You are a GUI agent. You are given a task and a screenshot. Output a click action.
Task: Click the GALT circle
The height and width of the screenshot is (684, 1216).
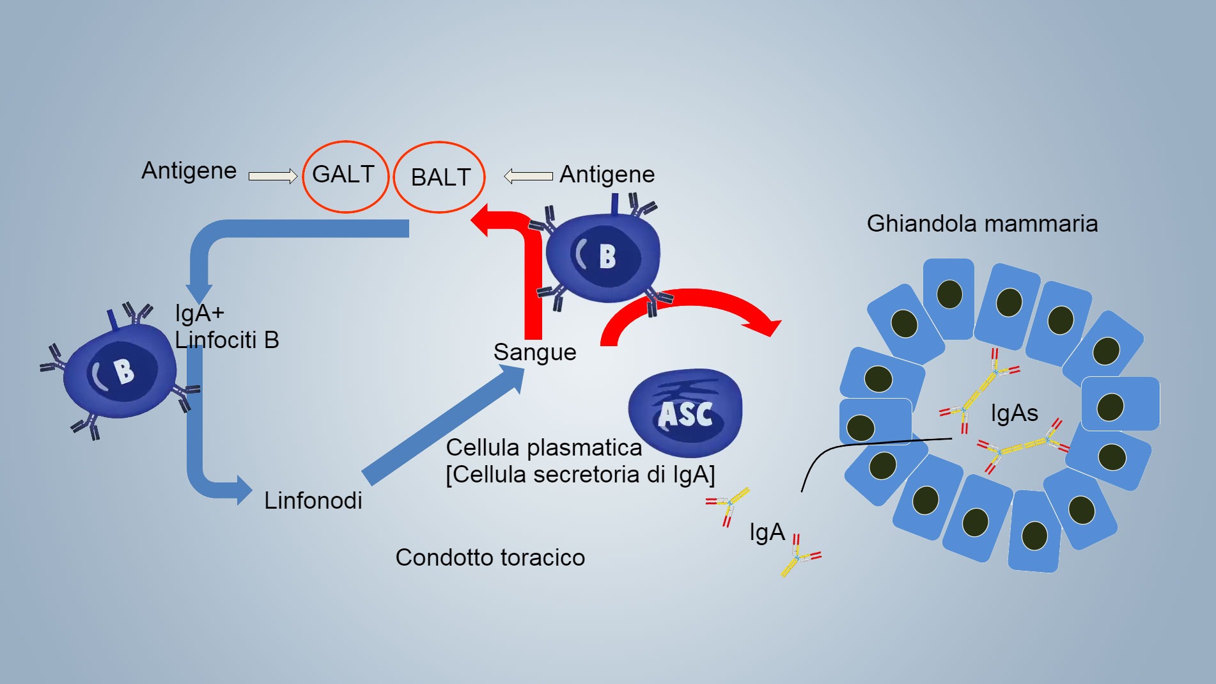[345, 176]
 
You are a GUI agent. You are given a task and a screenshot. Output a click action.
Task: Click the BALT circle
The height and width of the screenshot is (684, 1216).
[439, 177]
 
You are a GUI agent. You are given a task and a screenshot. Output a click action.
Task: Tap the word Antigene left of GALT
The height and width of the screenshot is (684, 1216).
[189, 171]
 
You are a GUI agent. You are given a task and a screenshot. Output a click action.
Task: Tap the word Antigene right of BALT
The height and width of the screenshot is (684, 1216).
[607, 174]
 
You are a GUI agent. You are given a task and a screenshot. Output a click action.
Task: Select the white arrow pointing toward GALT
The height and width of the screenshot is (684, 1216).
[272, 176]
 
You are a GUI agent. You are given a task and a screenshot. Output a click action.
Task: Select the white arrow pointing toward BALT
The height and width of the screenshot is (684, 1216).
[528, 176]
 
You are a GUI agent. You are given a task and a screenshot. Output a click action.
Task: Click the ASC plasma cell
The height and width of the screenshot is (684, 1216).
[685, 413]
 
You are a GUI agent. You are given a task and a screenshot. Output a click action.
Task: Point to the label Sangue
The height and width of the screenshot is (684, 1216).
[534, 352]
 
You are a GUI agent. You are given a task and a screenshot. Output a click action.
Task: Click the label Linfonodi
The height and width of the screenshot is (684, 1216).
[313, 500]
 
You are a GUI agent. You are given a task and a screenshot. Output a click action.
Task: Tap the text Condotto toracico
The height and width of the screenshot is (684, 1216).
[490, 557]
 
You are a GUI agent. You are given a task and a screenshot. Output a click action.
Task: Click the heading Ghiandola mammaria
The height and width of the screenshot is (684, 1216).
[981, 223]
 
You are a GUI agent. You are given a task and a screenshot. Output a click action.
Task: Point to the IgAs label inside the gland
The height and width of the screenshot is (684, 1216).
[1014, 413]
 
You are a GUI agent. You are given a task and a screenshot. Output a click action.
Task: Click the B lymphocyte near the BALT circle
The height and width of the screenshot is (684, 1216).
[603, 257]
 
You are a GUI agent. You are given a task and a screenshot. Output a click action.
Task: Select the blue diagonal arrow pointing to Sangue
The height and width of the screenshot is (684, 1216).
[441, 426]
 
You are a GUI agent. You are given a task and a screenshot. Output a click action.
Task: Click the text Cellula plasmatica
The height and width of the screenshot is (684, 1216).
[543, 447]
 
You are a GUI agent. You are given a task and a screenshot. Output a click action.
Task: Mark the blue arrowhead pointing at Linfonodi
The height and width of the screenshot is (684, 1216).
[244, 491]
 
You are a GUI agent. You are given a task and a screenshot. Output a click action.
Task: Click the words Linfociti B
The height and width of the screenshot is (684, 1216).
[227, 340]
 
